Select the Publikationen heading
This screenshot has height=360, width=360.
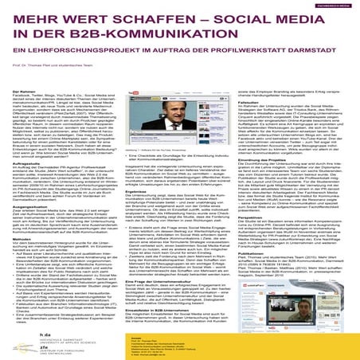(x=262, y=276)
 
